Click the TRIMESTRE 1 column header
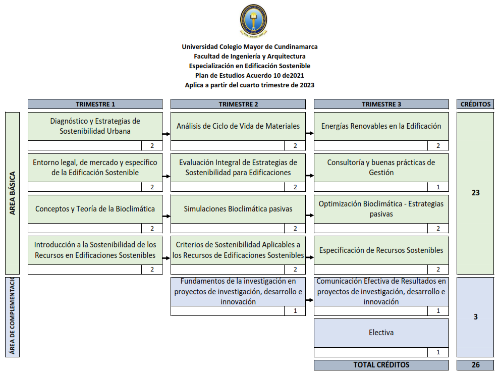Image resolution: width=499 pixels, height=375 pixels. tap(95, 104)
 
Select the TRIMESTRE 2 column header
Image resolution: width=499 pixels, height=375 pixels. tap(238, 104)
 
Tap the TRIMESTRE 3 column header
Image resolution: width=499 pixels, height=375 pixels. tap(381, 104)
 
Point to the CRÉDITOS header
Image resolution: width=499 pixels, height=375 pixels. tap(475, 104)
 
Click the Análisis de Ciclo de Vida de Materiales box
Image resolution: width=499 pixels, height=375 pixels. tap(238, 126)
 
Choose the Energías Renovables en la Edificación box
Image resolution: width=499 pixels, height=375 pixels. tap(381, 126)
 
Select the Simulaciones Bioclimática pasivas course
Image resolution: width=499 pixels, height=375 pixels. tap(238, 209)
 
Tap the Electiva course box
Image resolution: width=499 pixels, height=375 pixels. tap(381, 333)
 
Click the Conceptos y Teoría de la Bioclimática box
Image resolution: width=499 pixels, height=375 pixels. tap(95, 209)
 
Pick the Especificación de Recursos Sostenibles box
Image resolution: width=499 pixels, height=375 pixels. tap(381, 250)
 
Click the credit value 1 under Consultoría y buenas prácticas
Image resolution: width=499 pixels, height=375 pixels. tap(438, 187)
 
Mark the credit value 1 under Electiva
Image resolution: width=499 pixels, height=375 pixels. tap(438, 352)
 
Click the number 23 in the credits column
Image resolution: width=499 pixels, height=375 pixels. tap(475, 193)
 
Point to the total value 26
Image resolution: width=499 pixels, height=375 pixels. tap(475, 365)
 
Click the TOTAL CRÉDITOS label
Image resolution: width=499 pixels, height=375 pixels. tap(381, 365)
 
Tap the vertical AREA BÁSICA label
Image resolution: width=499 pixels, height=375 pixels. tap(12, 193)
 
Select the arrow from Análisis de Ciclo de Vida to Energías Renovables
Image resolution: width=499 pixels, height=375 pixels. tap(309, 134)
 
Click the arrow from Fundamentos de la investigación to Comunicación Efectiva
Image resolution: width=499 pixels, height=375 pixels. tap(309, 300)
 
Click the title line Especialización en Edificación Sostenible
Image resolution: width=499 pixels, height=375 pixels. tap(250, 66)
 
